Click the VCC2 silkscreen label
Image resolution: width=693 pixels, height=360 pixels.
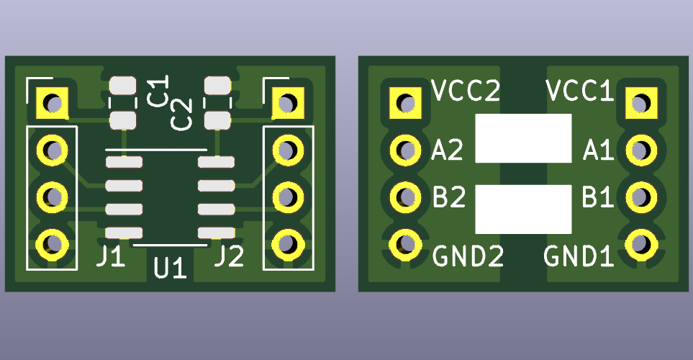[466, 91]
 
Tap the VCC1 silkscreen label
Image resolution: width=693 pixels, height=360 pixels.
[579, 91]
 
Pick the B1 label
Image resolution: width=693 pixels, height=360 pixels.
[598, 197]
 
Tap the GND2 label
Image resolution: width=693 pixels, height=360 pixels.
[468, 256]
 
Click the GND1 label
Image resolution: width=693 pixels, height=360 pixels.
[578, 256]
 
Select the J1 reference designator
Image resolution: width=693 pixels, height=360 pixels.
[112, 256]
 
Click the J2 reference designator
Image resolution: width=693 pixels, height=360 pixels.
[229, 256]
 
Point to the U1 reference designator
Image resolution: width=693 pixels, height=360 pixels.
[171, 269]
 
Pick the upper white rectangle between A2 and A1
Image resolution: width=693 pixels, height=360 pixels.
[523, 138]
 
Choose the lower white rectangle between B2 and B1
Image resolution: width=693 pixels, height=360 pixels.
[523, 209]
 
